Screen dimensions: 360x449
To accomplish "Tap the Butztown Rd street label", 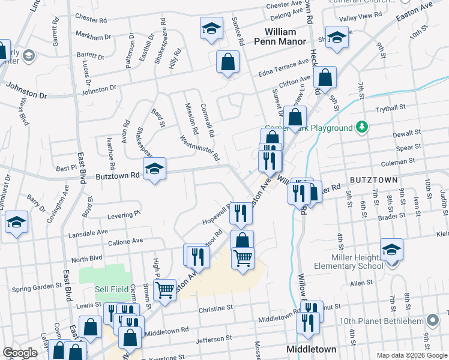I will coord(118,176).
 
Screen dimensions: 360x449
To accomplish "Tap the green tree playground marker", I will coord(361,127).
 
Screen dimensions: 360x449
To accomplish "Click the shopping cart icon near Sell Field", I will coord(164,290).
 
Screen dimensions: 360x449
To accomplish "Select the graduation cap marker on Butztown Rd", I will coord(154,170).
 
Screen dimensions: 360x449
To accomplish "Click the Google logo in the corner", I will coord(20,353).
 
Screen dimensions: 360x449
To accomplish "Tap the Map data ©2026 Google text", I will coord(411,355).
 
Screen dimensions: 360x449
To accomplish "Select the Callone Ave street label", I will coord(125,241).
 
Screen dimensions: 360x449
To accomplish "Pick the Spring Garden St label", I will coord(37,289).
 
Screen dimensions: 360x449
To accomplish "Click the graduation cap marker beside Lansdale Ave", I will coord(17,222).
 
